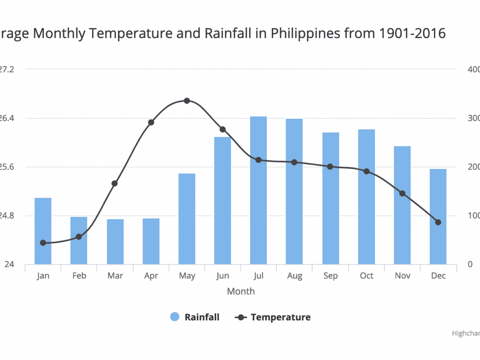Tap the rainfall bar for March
pyautogui.click(x=115, y=242)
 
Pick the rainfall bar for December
pyautogui.click(x=438, y=216)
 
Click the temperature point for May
pyautogui.click(x=187, y=101)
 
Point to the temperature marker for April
pyautogui.click(x=151, y=122)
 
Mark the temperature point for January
pyautogui.click(x=43, y=243)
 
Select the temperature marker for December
pyautogui.click(x=438, y=222)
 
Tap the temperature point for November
pyautogui.click(x=402, y=193)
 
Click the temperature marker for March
pyautogui.click(x=115, y=183)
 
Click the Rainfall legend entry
pyautogui.click(x=201, y=317)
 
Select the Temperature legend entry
pyautogui.click(x=280, y=317)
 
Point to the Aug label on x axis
pyautogui.click(x=294, y=276)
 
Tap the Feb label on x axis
pyautogui.click(x=79, y=276)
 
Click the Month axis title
pyautogui.click(x=240, y=291)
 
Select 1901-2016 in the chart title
pyautogui.click(x=413, y=34)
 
